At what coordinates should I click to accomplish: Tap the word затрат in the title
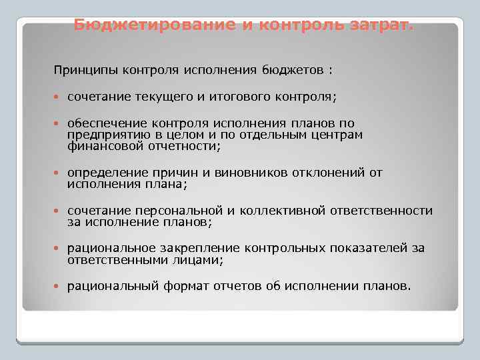coord(377,25)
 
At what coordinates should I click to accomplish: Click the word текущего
coord(163,97)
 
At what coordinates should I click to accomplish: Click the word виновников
coord(249,173)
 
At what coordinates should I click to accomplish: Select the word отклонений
coord(329,173)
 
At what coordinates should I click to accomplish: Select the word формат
coord(185,287)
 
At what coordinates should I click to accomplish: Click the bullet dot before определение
coord(57,173)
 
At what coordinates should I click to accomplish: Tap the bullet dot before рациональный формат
coord(57,287)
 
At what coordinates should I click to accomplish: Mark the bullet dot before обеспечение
coord(57,124)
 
